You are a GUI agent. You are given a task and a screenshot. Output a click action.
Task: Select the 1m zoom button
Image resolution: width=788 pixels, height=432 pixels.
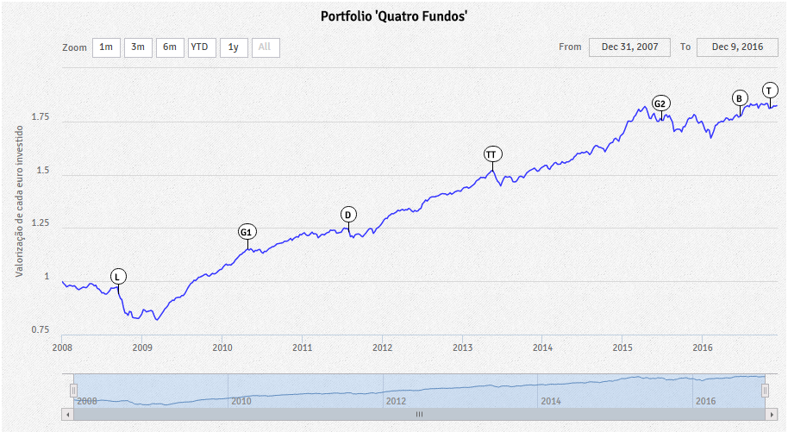click(106, 47)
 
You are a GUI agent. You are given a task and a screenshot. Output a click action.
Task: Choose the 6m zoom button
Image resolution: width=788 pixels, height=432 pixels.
click(170, 47)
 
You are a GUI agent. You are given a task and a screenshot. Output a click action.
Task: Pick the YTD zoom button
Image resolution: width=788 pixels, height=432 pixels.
click(202, 47)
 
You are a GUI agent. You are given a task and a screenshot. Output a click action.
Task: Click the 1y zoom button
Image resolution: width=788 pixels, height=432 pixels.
click(234, 47)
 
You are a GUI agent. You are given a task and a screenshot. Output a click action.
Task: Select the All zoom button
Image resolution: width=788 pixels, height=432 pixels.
click(265, 47)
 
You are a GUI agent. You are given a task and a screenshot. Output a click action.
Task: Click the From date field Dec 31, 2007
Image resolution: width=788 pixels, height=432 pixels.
click(629, 47)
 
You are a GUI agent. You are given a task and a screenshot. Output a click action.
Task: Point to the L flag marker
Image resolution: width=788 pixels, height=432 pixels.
click(118, 277)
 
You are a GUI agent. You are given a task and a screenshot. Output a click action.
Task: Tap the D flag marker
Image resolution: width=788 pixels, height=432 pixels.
click(348, 215)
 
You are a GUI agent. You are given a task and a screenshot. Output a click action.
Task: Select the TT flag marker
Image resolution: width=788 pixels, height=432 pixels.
click(491, 154)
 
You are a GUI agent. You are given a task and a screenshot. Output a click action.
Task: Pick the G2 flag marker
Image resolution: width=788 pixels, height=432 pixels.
click(660, 104)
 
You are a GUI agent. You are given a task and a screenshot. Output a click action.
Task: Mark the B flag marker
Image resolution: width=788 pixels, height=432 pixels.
click(740, 98)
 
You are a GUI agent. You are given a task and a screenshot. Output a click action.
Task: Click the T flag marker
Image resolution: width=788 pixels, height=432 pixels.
click(769, 91)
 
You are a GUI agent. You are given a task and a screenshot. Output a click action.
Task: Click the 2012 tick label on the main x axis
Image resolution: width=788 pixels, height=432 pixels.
click(383, 347)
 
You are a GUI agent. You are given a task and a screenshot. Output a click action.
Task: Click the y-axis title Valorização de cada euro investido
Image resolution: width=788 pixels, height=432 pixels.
click(20, 199)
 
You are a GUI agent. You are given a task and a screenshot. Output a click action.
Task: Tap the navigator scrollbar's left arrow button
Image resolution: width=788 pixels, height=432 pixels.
click(67, 414)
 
